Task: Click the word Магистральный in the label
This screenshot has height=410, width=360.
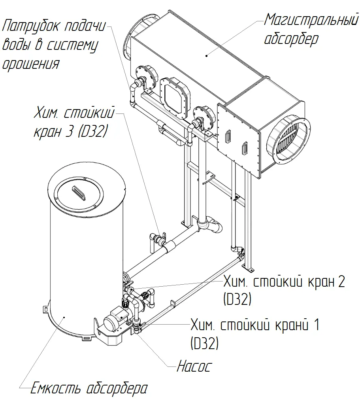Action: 311,21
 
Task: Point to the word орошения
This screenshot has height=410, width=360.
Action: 31,64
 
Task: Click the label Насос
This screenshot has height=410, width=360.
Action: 194,366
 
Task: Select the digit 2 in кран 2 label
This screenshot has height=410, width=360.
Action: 341,282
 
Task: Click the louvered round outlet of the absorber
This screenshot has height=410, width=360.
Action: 289,140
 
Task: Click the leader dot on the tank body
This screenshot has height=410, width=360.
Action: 64,317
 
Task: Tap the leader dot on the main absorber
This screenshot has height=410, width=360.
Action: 207,55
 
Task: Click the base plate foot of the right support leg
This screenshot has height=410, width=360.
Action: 249,268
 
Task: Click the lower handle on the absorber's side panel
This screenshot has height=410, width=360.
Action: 245,148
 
